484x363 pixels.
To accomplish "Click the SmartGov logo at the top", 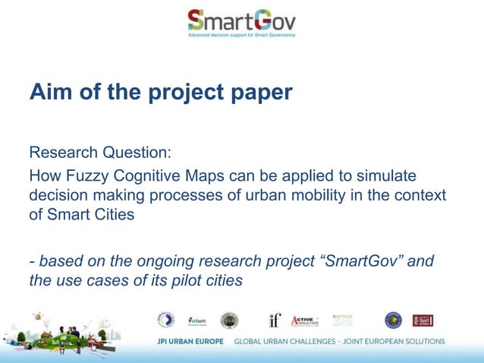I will (241, 23).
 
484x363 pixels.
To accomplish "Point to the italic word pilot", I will (175, 281).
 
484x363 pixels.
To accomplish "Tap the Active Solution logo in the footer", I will (305, 320).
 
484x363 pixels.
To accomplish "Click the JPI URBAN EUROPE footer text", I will (190, 341).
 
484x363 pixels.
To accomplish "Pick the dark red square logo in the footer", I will (422, 320).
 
